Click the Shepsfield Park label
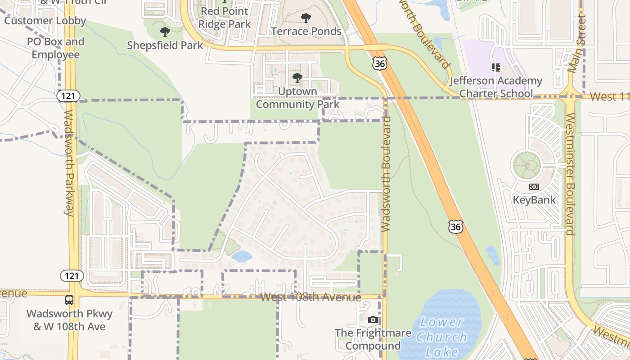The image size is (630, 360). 165,45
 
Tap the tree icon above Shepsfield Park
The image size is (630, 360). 165,32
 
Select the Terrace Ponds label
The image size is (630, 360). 306,31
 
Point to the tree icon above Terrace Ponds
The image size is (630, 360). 306,18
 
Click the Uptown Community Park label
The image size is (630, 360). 297,98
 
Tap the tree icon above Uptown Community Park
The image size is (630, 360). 297,78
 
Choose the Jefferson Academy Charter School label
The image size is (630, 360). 496,87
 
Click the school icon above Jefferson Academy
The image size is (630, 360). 496,67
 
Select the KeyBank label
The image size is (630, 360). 535,200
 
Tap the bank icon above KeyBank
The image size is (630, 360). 534,186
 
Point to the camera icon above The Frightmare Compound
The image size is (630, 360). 373,320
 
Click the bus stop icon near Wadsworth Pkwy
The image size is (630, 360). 69,300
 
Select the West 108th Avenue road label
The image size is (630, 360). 310,297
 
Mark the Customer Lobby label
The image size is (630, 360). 45,21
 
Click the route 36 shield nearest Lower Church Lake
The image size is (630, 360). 455,227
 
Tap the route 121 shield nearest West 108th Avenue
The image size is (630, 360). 71,276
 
